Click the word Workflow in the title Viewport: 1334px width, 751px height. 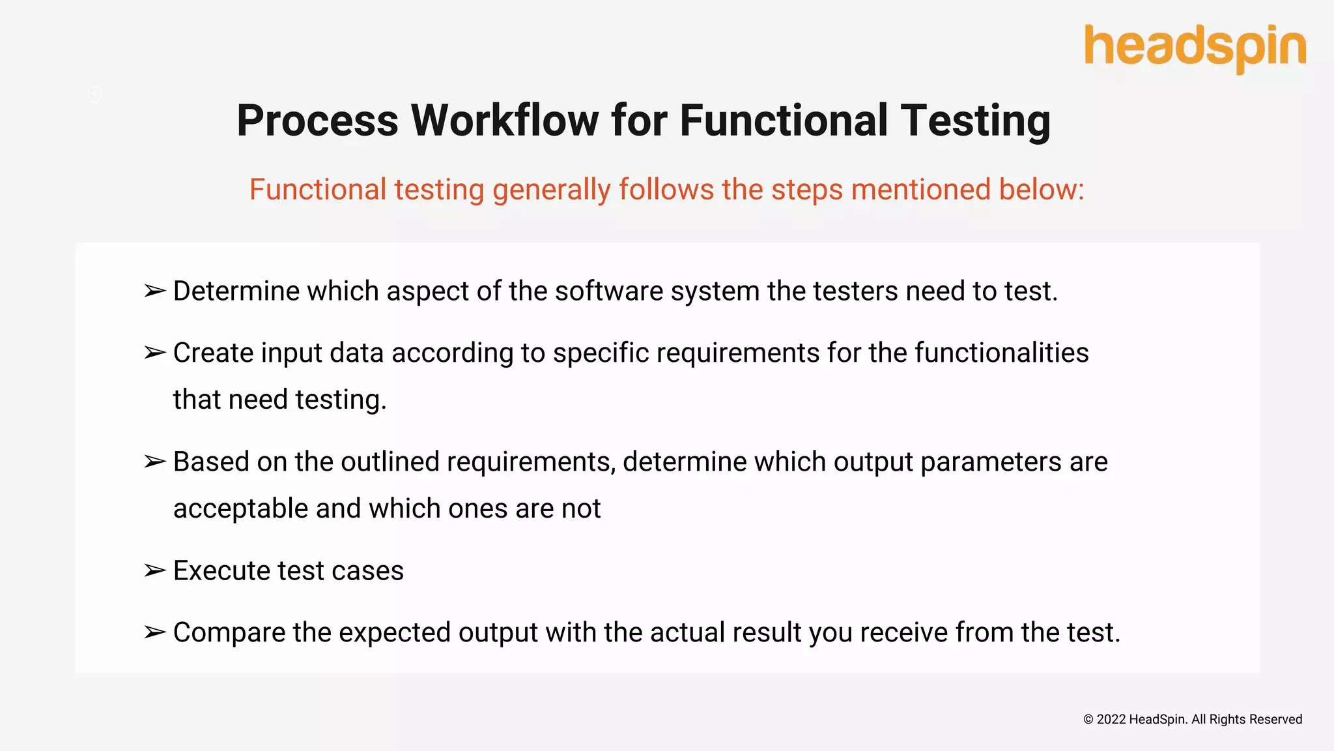tap(504, 121)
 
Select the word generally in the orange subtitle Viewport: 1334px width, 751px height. tap(551, 190)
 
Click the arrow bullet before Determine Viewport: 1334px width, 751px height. tap(155, 291)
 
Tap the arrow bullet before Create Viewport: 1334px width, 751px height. tap(155, 353)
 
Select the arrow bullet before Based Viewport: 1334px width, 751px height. tap(155, 462)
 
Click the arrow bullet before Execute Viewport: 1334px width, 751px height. tap(155, 571)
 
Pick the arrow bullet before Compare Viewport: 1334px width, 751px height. tap(155, 633)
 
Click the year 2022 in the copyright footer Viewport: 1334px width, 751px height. tap(1111, 720)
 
